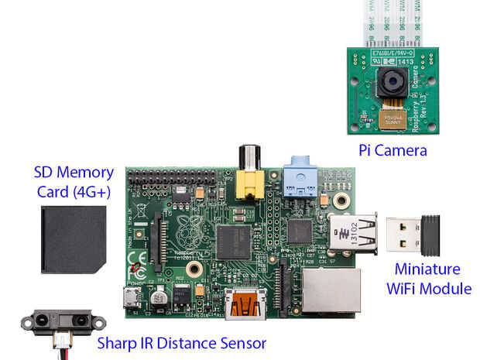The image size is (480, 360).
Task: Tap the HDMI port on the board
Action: (242, 303)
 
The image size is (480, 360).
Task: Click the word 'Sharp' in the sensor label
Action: (118, 342)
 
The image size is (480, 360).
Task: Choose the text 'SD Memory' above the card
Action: (74, 173)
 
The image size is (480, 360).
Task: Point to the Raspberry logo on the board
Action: (187, 228)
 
